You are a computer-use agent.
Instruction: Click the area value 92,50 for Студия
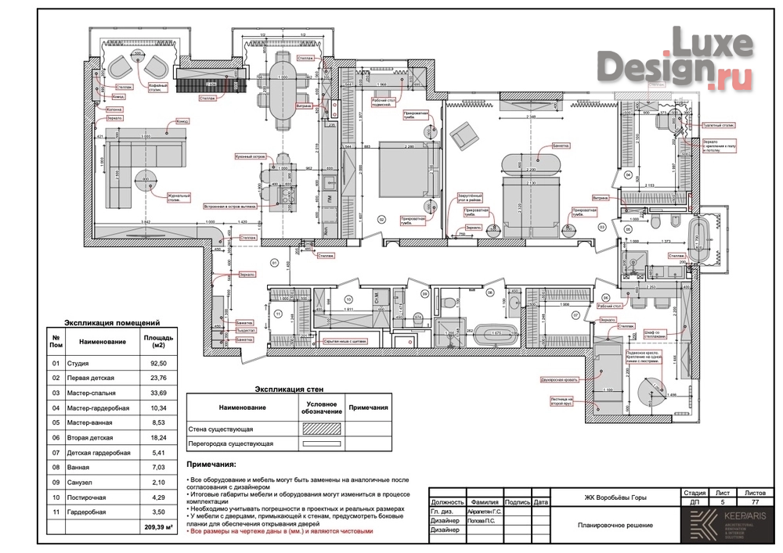(153, 363)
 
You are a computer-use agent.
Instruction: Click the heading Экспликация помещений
(112, 321)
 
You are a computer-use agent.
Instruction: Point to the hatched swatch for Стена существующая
(316, 429)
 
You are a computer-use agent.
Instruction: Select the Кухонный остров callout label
(248, 156)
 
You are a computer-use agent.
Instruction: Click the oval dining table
(283, 77)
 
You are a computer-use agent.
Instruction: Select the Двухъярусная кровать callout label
(557, 379)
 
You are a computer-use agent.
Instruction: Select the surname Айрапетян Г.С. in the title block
(484, 510)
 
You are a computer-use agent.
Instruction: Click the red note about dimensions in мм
(281, 531)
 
